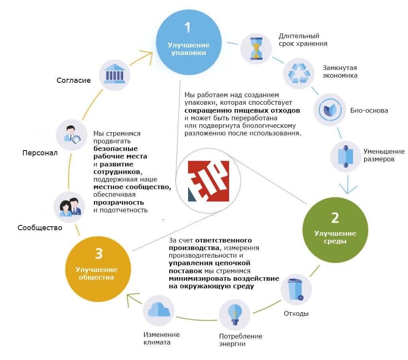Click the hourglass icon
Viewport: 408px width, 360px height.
[x=256, y=49]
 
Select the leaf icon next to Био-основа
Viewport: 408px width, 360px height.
[x=330, y=110]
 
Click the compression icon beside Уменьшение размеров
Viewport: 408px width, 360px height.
[x=346, y=156]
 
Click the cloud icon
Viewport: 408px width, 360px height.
[x=159, y=309]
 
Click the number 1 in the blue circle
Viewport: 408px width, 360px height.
[x=188, y=27]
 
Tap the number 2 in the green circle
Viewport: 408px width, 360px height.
[x=335, y=218]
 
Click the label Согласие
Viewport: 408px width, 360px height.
[x=74, y=80]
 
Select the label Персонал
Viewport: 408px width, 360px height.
[x=40, y=153]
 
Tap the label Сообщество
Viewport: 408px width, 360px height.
[x=40, y=228]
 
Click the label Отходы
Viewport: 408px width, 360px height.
[x=296, y=313]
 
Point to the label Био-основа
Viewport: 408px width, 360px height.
[x=369, y=111]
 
